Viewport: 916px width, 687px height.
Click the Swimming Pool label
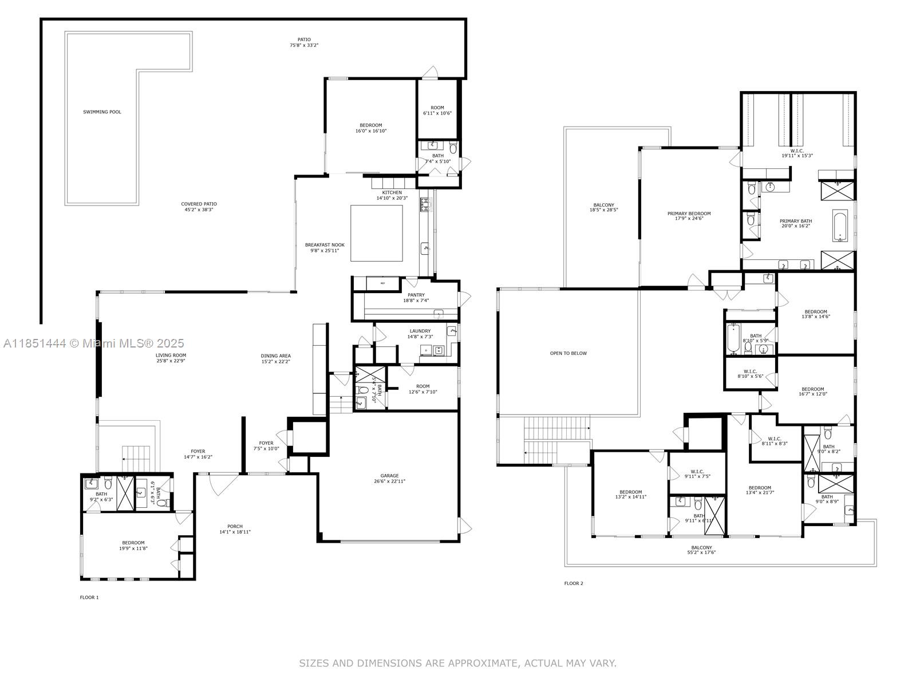click(x=102, y=112)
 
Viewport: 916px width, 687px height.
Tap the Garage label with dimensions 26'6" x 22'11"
click(x=389, y=479)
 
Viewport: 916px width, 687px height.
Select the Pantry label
click(x=416, y=298)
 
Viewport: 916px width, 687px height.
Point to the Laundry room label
click(x=420, y=334)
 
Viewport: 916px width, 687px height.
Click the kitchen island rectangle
click(x=376, y=233)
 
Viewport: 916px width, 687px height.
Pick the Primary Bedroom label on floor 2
click(x=689, y=216)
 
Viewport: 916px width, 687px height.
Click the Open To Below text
click(x=568, y=353)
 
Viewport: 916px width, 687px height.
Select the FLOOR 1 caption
click(x=89, y=597)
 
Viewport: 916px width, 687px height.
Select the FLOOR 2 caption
click(x=573, y=583)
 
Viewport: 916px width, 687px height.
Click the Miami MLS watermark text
click(x=94, y=343)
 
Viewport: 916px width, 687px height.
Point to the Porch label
click(x=235, y=529)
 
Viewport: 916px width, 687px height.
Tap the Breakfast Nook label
click(x=325, y=247)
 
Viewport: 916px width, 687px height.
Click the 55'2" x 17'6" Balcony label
click(x=701, y=550)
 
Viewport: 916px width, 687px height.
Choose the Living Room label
click(x=171, y=358)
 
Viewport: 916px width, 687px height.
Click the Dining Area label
click(x=276, y=359)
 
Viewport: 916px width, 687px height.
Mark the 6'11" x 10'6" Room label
click(x=437, y=110)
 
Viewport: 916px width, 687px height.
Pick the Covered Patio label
click(x=199, y=207)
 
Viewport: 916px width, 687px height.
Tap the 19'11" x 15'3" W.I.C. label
click(x=797, y=153)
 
